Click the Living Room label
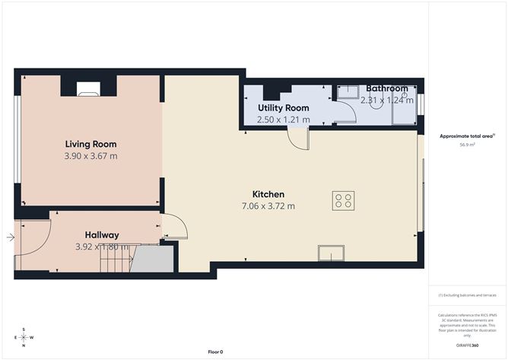[90, 144]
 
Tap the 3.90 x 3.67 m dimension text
[90, 156]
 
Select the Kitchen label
[268, 194]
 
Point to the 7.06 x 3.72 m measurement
[268, 206]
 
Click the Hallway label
[102, 235]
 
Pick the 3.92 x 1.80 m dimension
[102, 247]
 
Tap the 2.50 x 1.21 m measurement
[284, 119]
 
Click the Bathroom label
[387, 89]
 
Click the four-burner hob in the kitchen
[343, 200]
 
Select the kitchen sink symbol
[331, 253]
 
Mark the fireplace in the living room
[88, 89]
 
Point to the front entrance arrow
[10, 238]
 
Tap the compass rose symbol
[24, 336]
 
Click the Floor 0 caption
[215, 352]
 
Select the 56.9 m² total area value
[467, 145]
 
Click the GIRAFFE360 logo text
[466, 345]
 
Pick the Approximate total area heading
[467, 135]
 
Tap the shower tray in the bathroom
[403, 113]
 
